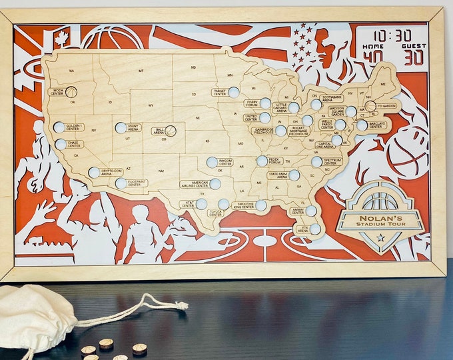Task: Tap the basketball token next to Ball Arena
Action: pos(171,131)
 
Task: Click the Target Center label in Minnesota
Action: pos(220,92)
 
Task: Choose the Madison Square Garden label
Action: pos(336,111)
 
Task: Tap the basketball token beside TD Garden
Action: pos(370,106)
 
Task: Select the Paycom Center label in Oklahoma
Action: pos(226,161)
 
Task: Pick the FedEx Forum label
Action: pos(274,161)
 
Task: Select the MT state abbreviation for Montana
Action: pos(141,70)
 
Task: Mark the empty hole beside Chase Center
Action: pos(61,144)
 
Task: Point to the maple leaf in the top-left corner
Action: pos(61,39)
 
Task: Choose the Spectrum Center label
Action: pos(332,161)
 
